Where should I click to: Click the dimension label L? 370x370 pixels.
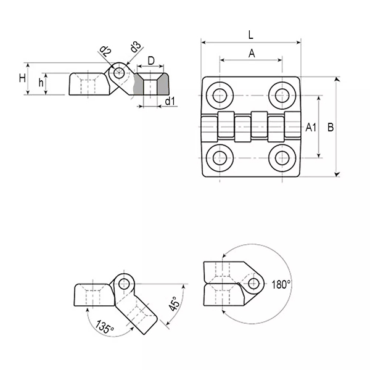[250, 35]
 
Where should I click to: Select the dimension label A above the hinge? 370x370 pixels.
[252, 53]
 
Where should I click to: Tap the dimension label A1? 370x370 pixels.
[311, 128]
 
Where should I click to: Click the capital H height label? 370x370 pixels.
[22, 78]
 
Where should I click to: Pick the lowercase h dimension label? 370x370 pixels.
[41, 83]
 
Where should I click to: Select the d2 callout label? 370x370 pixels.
[105, 51]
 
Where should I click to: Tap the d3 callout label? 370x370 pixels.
[134, 47]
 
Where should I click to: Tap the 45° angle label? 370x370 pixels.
[175, 304]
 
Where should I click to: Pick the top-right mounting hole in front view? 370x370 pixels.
[282, 95]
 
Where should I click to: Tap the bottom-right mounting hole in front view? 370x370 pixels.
[282, 158]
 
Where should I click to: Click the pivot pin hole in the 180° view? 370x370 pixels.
[253, 284]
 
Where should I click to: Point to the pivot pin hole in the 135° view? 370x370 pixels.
[124, 284]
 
